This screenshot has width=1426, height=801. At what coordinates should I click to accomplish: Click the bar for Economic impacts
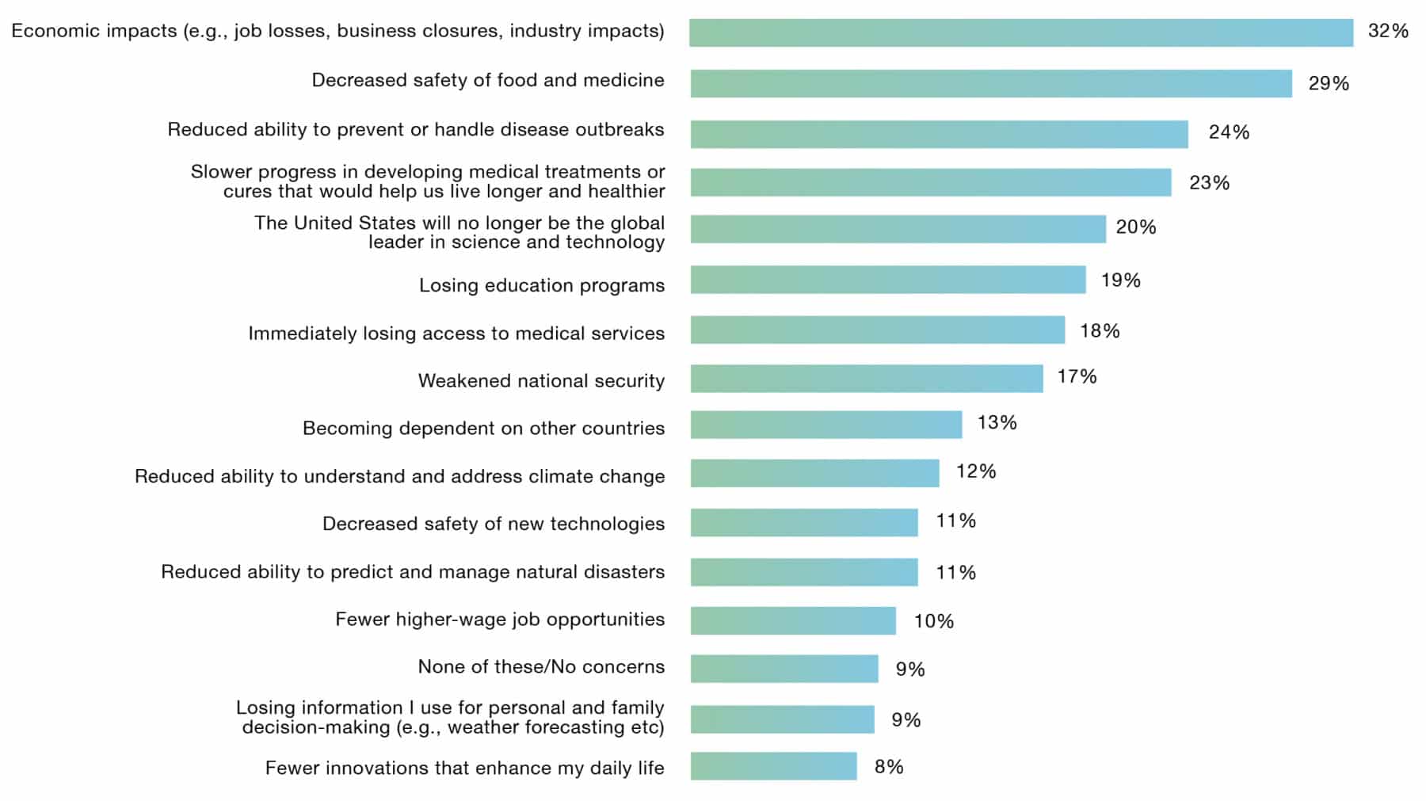(1020, 33)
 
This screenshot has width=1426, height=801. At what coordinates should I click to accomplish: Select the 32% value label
(1388, 32)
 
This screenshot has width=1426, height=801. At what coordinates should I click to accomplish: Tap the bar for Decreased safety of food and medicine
(990, 84)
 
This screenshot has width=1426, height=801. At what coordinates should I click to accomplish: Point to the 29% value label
(1329, 84)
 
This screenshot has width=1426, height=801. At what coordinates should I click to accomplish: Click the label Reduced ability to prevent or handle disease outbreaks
(415, 130)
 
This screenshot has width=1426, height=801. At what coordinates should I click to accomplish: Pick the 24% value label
(1229, 132)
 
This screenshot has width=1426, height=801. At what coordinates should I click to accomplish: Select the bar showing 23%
(930, 182)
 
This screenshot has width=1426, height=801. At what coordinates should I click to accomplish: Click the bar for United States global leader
(898, 229)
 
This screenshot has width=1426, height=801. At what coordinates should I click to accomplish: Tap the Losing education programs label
(541, 285)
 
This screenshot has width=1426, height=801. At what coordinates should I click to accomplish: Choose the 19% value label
(1120, 280)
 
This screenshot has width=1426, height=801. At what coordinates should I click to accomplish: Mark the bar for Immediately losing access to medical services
(877, 330)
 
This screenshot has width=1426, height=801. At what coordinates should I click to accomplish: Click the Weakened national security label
(541, 381)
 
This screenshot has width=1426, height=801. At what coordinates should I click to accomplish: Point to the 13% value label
(997, 423)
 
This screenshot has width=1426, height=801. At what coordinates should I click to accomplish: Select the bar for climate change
(814, 473)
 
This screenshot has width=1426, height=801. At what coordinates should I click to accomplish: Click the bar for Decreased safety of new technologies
(803, 523)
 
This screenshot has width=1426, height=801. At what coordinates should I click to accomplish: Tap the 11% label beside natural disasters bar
(955, 573)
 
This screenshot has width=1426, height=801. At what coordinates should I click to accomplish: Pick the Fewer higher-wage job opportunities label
(499, 620)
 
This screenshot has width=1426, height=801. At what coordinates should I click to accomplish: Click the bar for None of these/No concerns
(784, 669)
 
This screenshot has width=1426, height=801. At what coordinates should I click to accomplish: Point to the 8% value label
(889, 767)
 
